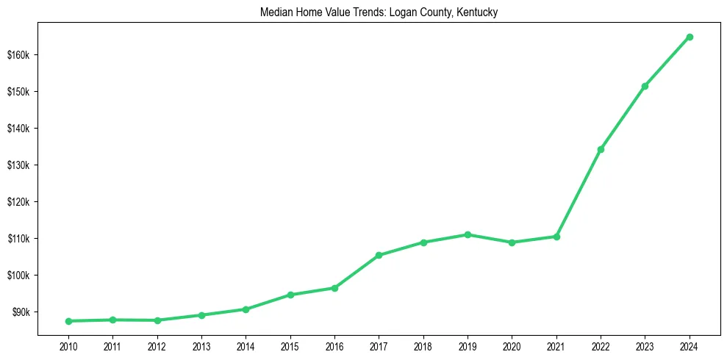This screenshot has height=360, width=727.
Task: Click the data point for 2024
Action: coord(690,37)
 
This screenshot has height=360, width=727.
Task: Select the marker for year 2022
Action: coord(601,149)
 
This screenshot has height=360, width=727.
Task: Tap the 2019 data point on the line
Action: coord(468,234)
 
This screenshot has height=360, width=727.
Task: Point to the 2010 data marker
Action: coord(68,321)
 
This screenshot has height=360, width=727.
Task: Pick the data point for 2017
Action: coord(379,255)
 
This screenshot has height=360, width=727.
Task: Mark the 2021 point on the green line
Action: coord(556,237)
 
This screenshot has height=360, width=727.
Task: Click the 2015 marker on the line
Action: coord(290,295)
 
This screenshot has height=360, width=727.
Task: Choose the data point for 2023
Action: coord(645,86)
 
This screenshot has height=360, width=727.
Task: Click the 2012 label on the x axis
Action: coord(157,346)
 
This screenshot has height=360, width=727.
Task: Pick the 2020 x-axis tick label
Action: coord(512,346)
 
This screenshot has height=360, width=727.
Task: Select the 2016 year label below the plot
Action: coord(334,346)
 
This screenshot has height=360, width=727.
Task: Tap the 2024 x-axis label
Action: coord(690,346)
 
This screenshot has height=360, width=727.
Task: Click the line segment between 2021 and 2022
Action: coord(579,193)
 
